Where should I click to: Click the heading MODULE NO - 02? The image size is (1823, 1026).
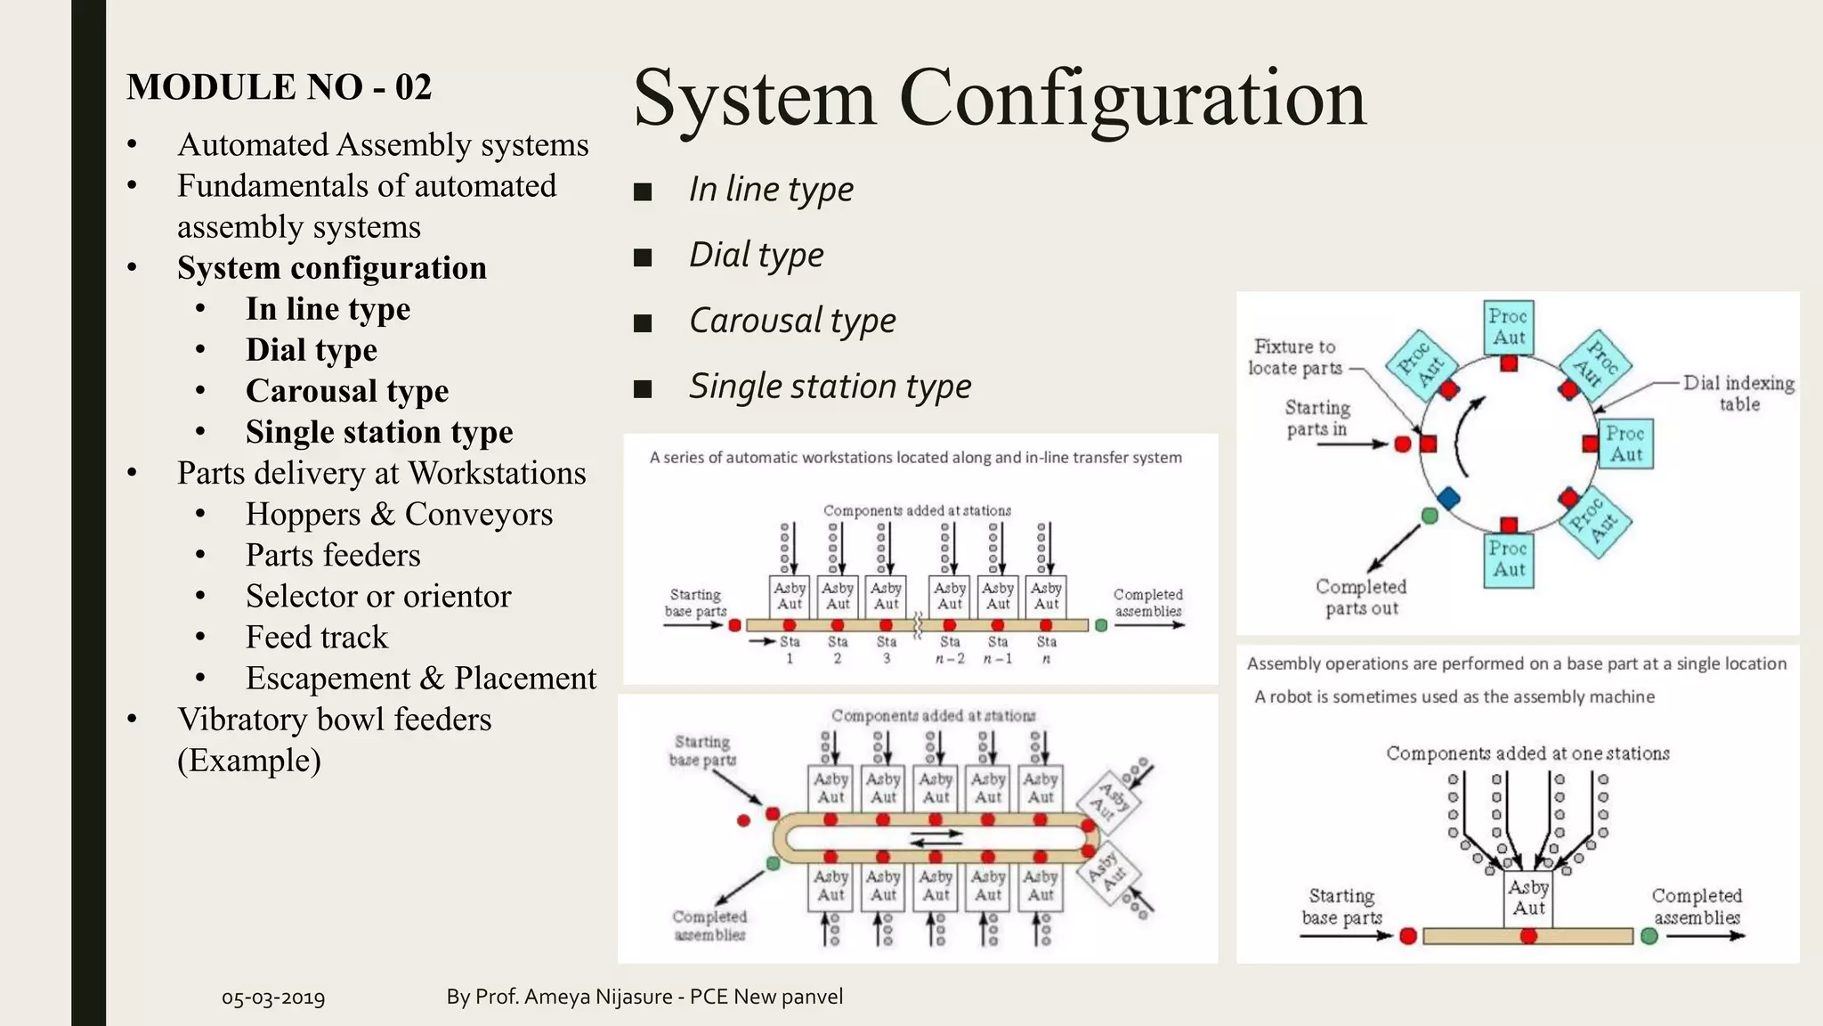tap(279, 87)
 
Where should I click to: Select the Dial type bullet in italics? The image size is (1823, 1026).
tap(756, 255)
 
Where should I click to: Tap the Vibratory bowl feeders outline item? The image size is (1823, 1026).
tap(334, 720)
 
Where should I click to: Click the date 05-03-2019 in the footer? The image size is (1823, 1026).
tap(273, 997)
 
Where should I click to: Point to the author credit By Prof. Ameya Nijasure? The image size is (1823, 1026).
tap(644, 997)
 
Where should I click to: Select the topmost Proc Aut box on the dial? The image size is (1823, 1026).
tap(1509, 327)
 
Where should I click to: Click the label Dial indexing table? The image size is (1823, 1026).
tap(1738, 393)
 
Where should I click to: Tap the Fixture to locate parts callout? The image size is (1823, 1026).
tap(1295, 357)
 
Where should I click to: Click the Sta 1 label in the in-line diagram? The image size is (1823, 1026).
tap(790, 649)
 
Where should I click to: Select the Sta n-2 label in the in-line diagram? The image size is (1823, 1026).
tap(950, 649)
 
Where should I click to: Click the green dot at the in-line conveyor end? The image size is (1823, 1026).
tap(1101, 625)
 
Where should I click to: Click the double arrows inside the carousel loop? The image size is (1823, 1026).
tap(936, 838)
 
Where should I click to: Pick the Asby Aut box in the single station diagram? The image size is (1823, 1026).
tap(1528, 898)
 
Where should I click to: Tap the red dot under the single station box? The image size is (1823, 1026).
tap(1528, 936)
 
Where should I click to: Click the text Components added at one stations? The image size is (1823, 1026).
tap(1527, 753)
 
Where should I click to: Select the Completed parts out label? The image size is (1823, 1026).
tap(1361, 598)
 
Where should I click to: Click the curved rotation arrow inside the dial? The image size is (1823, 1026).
tap(1465, 436)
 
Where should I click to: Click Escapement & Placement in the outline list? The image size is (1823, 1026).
tap(420, 679)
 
